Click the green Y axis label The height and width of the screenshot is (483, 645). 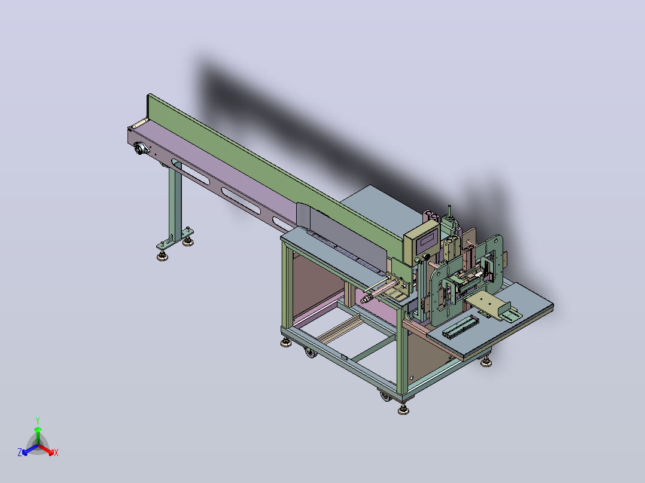click(x=38, y=420)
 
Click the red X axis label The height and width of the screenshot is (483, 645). click(x=56, y=453)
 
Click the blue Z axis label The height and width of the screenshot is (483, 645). click(x=20, y=453)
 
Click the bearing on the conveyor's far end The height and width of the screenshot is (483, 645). click(x=141, y=148)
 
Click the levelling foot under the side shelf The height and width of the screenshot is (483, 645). click(x=486, y=362)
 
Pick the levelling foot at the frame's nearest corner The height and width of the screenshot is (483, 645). click(x=403, y=410)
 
